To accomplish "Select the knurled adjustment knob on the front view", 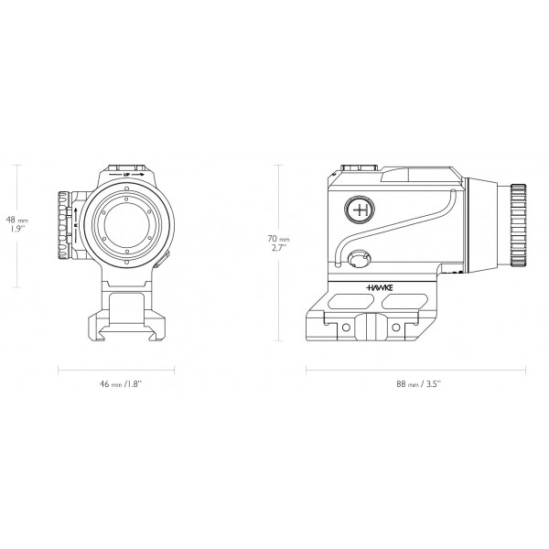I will (x=64, y=226).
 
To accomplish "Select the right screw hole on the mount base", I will (x=395, y=325).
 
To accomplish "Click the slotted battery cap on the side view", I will (x=360, y=258).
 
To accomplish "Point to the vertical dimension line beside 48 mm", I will (x=17, y=225).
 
